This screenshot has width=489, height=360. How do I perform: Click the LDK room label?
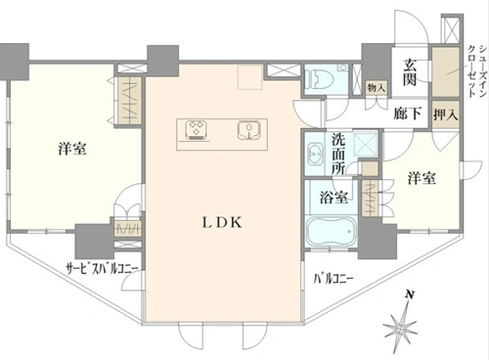point(222,223)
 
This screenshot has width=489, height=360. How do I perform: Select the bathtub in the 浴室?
point(331,232)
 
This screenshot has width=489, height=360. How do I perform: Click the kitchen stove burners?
point(197,130)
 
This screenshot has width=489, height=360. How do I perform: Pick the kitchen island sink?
point(249,130)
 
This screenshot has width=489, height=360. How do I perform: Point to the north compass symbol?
point(401,321)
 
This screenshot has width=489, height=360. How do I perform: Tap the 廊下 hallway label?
point(408,113)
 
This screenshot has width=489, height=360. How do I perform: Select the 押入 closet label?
point(445,114)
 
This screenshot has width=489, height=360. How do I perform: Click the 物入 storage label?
point(377,88)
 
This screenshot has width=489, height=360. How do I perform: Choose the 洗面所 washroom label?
point(338,155)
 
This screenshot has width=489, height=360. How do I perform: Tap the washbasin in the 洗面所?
point(314,154)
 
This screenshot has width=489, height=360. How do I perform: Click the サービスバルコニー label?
point(103,269)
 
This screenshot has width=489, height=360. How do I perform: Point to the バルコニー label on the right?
point(333,280)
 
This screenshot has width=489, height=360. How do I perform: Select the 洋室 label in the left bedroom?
point(72,149)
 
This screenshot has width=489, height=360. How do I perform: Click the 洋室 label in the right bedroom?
point(422,178)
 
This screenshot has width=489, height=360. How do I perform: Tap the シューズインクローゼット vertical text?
point(476,71)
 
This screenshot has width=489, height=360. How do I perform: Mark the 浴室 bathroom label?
point(333,197)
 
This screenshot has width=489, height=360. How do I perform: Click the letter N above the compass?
point(409,295)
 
